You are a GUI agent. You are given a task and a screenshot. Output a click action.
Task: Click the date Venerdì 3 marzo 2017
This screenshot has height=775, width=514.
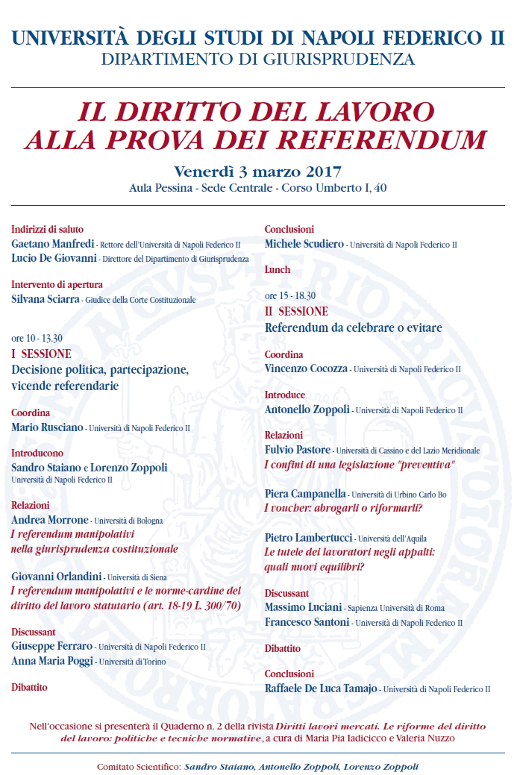pos(257,172)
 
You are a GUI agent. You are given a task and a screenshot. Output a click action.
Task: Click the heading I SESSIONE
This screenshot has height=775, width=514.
pos(42,354)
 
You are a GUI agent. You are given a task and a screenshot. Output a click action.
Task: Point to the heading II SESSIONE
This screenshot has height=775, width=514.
pos(297,311)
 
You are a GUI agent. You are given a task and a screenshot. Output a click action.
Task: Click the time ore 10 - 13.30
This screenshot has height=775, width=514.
pos(37,338)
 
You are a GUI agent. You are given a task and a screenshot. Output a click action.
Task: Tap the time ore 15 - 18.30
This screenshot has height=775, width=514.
pos(290,295)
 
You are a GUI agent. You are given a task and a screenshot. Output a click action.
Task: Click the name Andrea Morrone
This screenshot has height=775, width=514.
pos(50,519)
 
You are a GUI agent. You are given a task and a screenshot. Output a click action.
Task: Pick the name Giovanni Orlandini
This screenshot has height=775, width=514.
pos(56,576)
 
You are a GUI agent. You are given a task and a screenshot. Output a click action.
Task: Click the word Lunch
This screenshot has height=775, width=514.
pos(278,269)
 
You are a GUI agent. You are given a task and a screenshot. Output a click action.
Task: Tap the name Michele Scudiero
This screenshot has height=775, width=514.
pos(304,244)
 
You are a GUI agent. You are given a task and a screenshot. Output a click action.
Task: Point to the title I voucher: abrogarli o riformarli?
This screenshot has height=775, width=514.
pos(344,508)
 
